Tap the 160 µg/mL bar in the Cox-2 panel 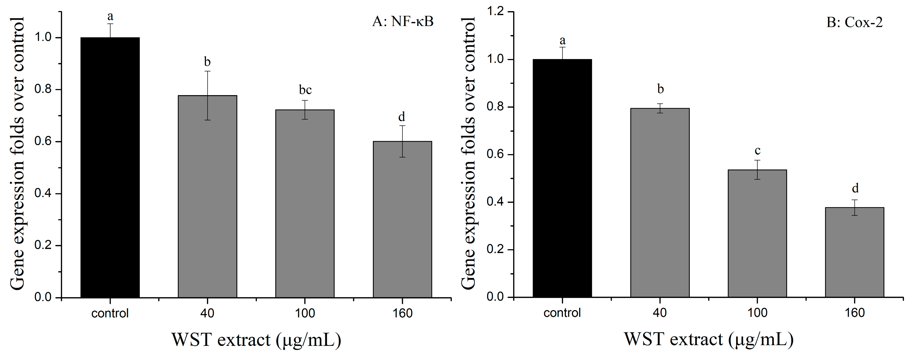854,252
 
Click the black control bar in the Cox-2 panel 562,178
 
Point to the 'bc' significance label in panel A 305,90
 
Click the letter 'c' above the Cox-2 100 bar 757,151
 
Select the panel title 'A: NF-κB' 403,22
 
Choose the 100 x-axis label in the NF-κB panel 305,313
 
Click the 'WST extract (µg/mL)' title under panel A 257,340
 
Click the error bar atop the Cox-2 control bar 562,53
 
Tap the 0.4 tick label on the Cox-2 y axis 495,202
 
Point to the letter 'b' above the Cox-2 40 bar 660,89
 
